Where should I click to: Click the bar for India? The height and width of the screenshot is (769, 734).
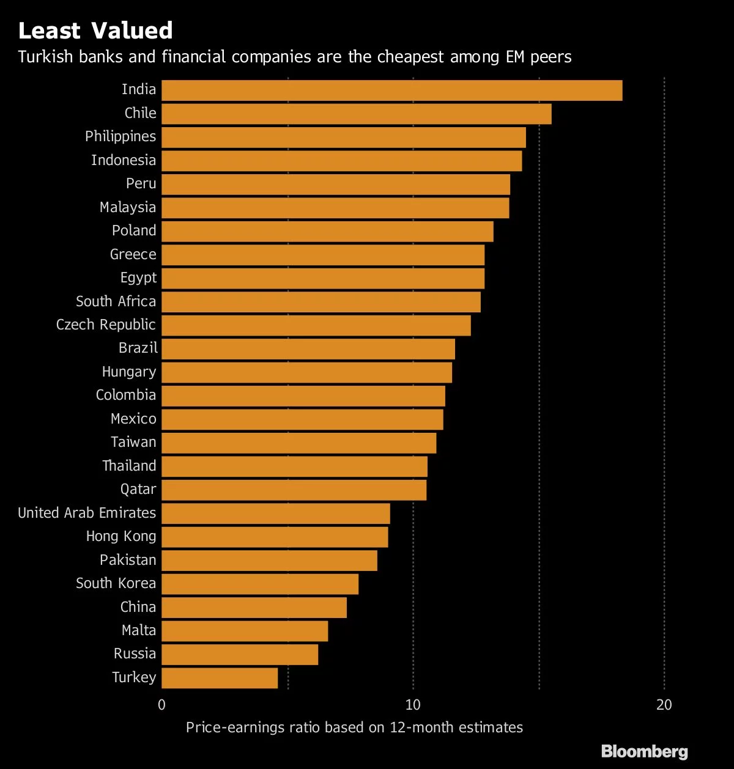point(391,90)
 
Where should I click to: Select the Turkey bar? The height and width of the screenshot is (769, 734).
point(220,678)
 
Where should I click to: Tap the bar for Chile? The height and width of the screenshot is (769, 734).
point(356,114)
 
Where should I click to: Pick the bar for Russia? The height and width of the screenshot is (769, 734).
point(240,654)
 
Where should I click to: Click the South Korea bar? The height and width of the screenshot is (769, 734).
point(260,584)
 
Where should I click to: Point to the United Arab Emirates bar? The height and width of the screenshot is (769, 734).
point(275,513)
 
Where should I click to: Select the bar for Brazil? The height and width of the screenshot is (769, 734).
point(308,348)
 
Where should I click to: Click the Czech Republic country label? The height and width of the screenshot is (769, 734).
point(106,325)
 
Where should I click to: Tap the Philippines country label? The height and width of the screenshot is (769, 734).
point(120,136)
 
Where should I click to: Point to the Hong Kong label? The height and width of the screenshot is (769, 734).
point(121,536)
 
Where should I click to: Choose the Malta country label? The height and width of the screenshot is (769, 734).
point(139,630)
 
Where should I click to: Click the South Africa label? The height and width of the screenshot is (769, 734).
point(116,301)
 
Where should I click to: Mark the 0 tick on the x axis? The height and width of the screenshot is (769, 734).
point(161,705)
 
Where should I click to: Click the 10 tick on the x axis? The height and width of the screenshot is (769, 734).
point(413,705)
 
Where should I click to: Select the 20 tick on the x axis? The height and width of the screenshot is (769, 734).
point(664,705)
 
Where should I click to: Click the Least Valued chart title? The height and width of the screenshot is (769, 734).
point(95,31)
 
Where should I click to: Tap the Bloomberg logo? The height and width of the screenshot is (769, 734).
point(644,751)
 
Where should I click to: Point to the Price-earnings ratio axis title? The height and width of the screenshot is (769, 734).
point(354,727)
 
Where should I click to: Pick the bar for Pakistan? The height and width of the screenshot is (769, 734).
point(269,561)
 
